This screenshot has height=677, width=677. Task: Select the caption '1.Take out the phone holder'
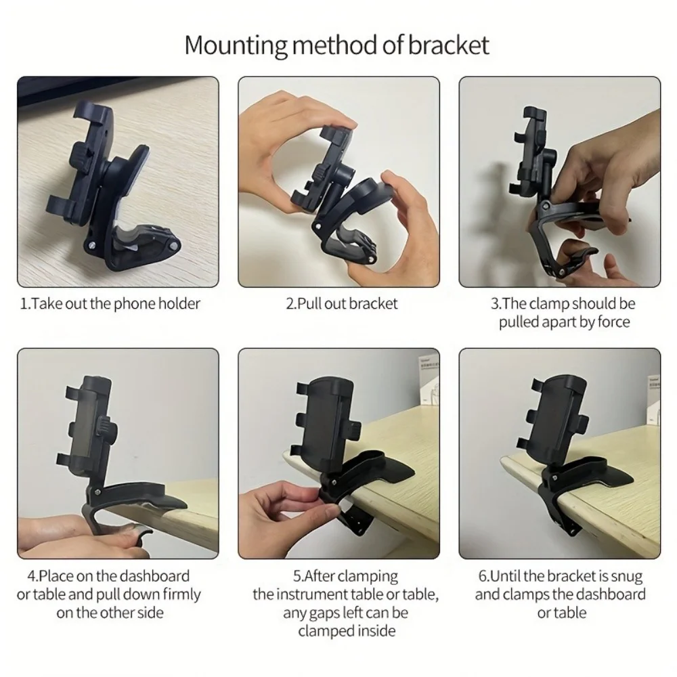110,303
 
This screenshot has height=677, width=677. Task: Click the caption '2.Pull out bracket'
343,303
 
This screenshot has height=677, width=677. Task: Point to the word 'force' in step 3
613,322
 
